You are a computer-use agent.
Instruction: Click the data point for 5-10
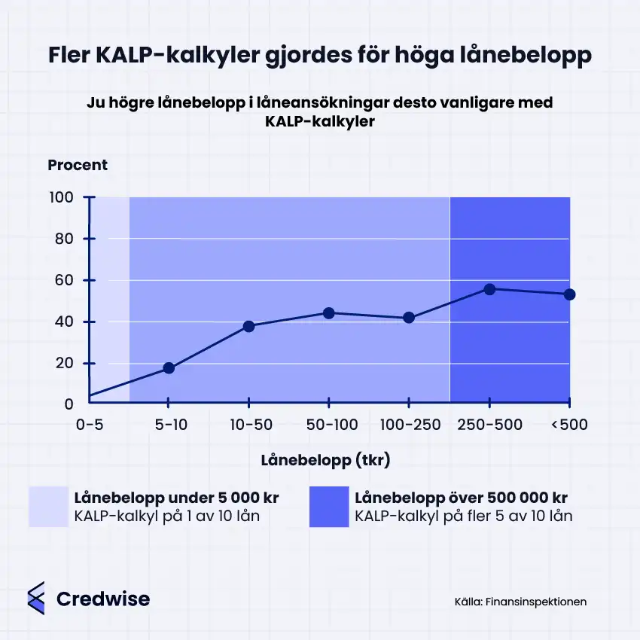click(169, 368)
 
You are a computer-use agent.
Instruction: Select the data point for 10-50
click(248, 326)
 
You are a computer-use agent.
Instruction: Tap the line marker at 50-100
click(329, 312)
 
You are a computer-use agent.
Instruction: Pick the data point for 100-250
click(409, 318)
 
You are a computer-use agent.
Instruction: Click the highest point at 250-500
click(489, 289)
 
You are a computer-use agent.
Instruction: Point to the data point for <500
click(569, 294)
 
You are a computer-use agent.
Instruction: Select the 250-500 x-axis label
click(489, 425)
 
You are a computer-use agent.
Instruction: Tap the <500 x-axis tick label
click(569, 425)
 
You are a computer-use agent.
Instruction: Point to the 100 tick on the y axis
click(62, 198)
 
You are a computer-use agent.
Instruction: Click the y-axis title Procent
click(78, 165)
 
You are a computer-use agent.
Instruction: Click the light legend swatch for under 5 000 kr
click(48, 507)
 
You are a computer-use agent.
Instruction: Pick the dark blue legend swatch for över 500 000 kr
click(328, 507)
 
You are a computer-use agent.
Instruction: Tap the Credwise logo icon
click(36, 599)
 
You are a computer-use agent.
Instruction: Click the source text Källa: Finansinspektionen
click(520, 602)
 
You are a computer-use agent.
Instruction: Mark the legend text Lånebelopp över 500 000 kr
click(461, 498)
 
